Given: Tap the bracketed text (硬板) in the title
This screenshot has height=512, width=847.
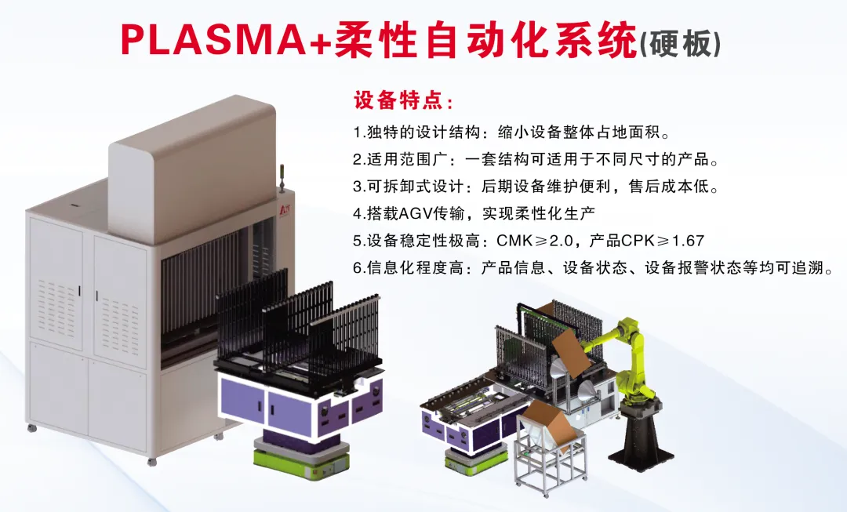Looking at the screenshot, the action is click(x=680, y=42).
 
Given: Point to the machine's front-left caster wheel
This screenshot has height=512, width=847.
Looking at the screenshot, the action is click(x=31, y=428).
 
